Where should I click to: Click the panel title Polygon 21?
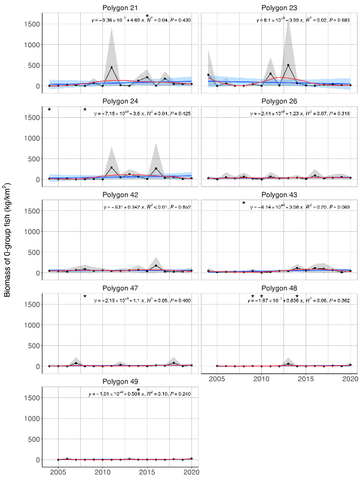coord(120,8)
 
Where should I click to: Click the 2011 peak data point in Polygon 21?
coord(111,68)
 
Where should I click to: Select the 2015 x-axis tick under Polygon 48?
coord(306,379)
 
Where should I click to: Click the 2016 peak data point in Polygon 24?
coord(155,169)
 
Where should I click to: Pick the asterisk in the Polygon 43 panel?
coord(243,203)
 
